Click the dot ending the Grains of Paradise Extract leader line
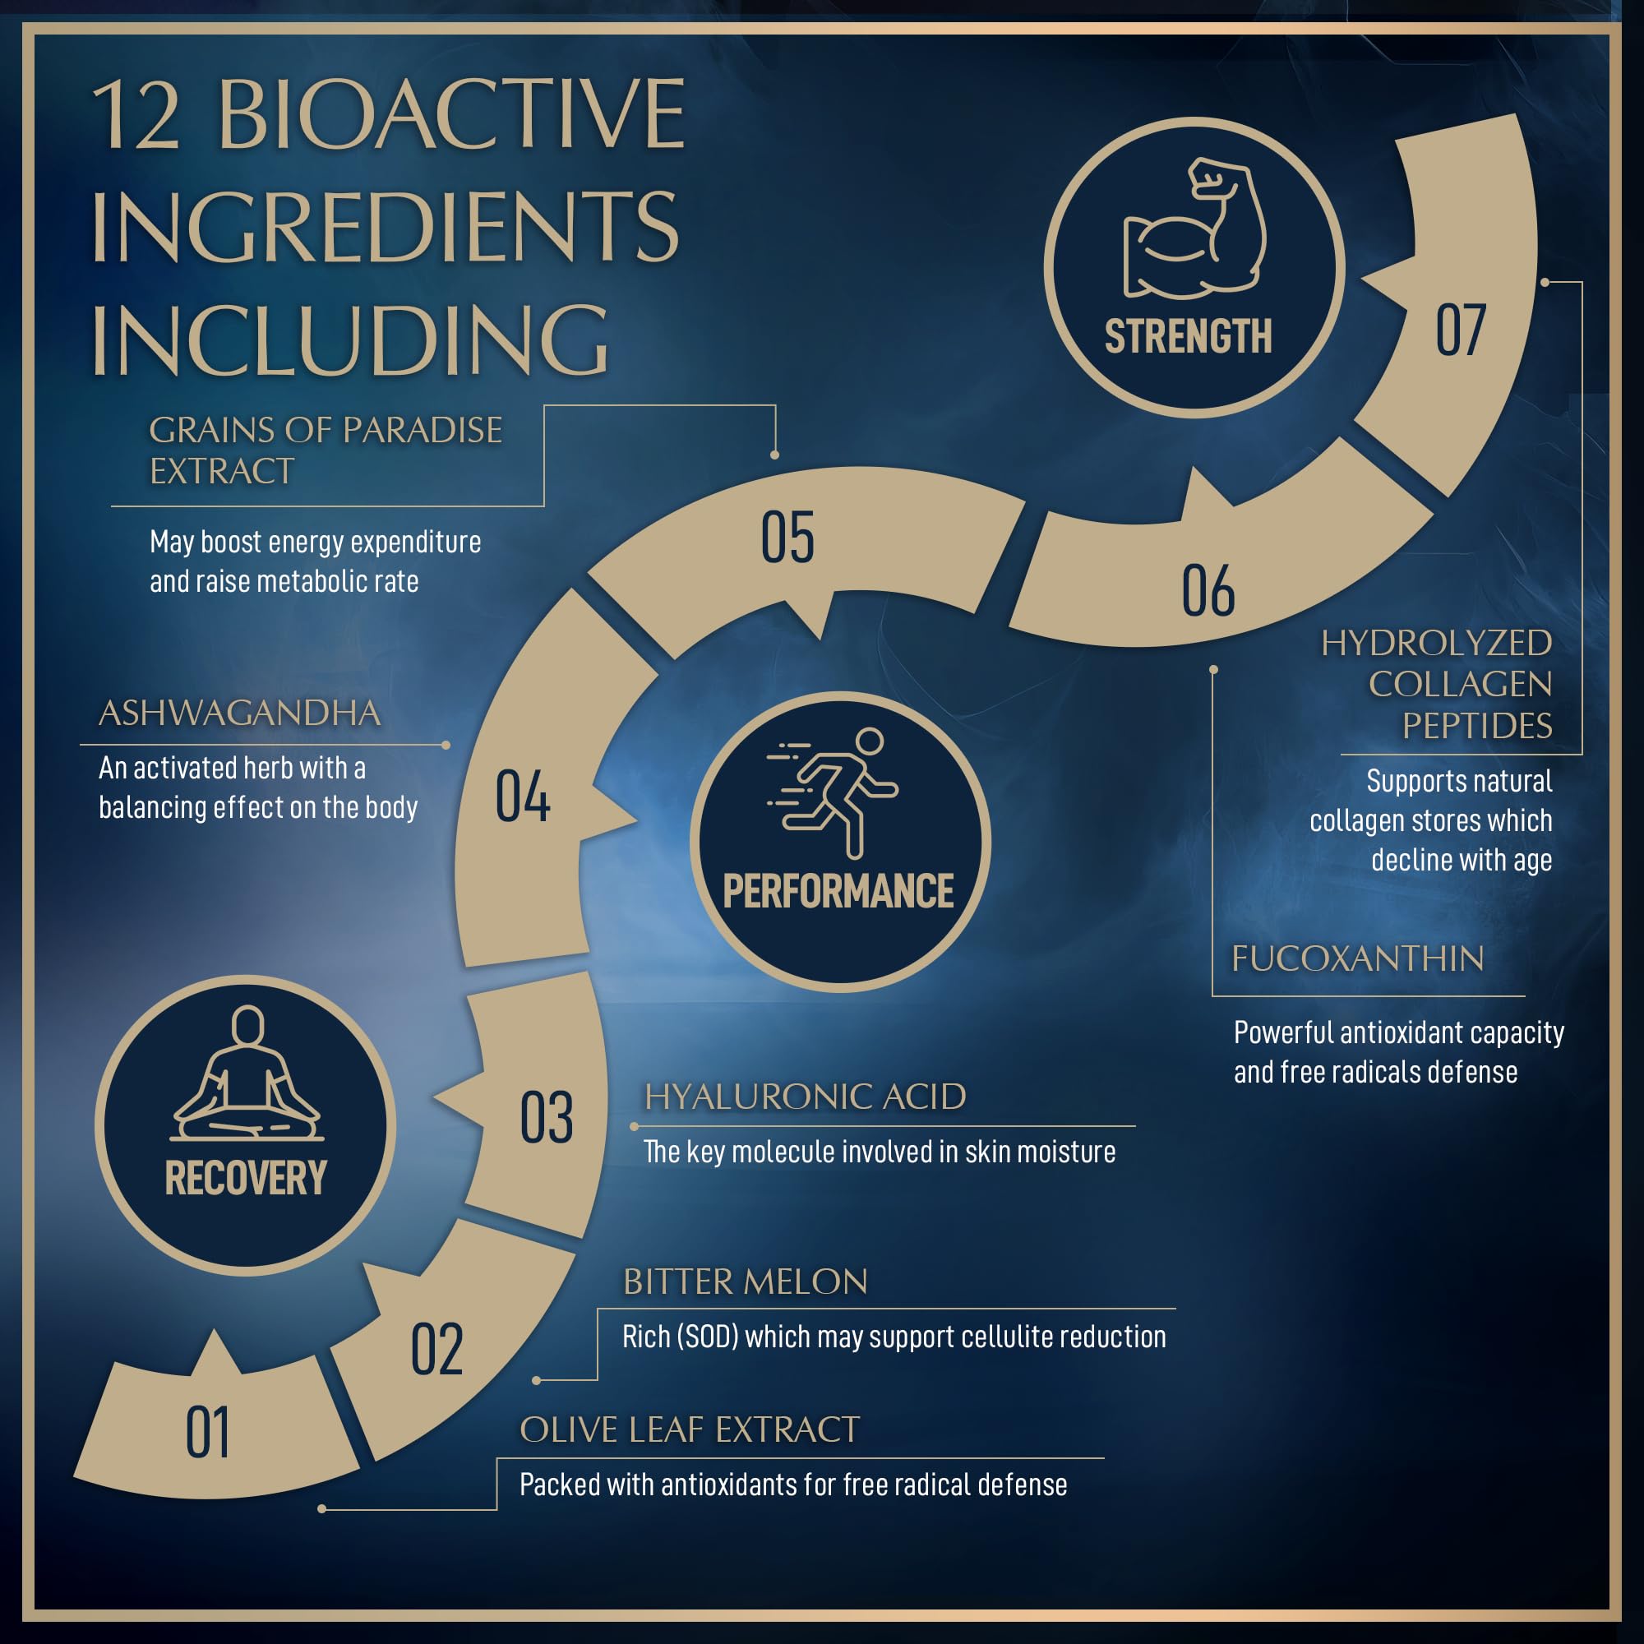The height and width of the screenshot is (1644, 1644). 774,455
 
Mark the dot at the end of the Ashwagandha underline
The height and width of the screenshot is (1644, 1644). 446,746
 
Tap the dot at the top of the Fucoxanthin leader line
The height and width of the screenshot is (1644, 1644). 1213,670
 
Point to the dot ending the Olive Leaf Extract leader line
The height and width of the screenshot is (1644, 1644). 321,1509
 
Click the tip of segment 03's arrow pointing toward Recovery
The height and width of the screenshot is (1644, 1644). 433,1097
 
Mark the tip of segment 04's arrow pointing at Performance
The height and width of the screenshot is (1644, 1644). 637,820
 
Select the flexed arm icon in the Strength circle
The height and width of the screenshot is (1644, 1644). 1194,228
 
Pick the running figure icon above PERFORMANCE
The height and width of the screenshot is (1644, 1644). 834,792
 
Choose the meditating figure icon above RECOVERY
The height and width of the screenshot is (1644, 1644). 247,1073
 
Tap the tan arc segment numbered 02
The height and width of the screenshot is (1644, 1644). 442,1345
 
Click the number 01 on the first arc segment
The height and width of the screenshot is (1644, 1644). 208,1434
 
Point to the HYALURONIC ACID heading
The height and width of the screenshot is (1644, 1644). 805,1097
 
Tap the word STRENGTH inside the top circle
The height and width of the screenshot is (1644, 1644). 1189,336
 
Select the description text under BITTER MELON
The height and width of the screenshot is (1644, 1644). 894,1337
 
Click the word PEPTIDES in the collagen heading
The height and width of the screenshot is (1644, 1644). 1477,726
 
